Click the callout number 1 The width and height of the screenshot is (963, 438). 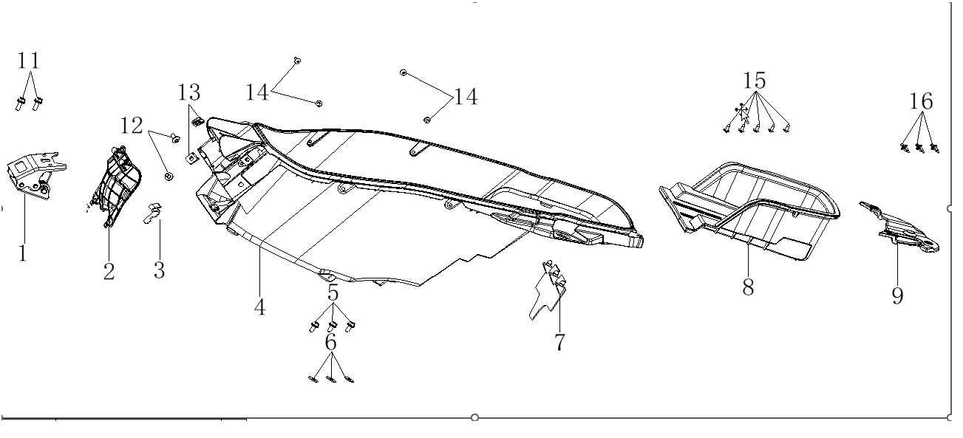[22, 253]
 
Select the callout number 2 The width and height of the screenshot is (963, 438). [109, 271]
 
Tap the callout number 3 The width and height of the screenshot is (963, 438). [159, 270]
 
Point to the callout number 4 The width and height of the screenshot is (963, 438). [259, 307]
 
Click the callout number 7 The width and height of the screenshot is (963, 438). [559, 342]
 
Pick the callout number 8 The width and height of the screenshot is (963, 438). [748, 287]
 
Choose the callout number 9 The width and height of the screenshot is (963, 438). [896, 296]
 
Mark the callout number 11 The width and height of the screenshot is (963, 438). [29, 60]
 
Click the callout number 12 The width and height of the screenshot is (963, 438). [132, 126]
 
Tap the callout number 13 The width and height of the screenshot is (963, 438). [188, 93]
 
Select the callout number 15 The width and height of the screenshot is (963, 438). [755, 80]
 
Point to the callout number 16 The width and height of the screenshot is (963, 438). [921, 101]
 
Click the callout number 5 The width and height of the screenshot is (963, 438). [333, 292]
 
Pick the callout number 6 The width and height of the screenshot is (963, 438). [330, 341]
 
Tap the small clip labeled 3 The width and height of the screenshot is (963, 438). [154, 212]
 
